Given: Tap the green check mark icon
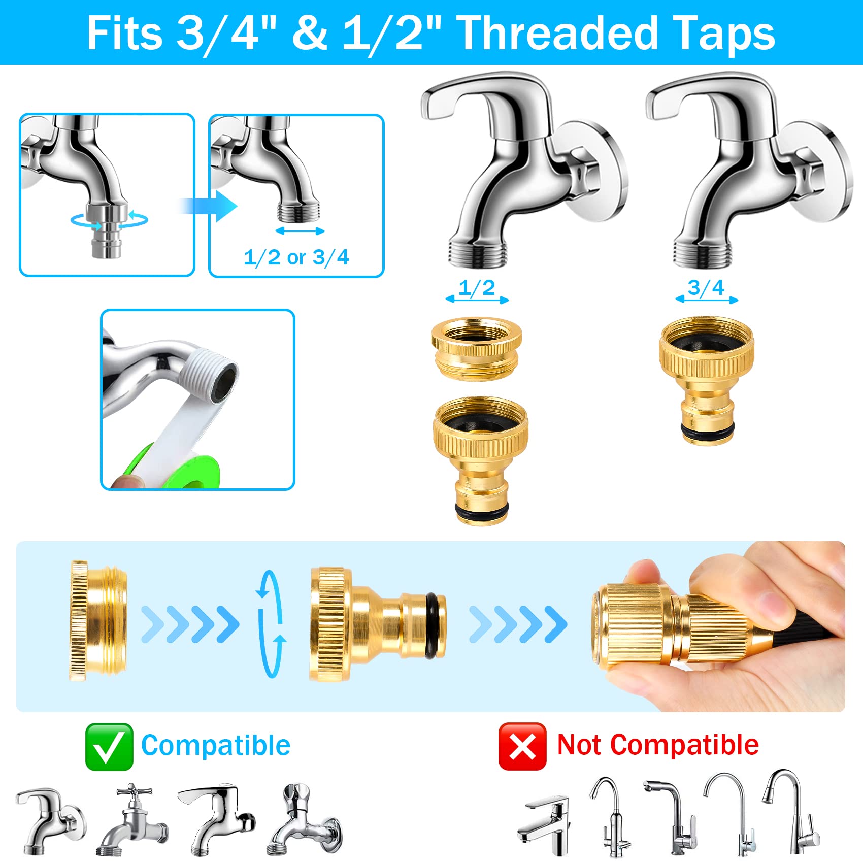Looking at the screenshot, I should pos(109,747).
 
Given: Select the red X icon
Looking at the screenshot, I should pos(522,746).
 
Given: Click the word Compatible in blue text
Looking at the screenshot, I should pos(216,746).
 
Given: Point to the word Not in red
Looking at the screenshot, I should pos(579,745).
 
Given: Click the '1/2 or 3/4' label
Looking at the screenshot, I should pos(296,257).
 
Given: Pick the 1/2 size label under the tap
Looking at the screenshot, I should pos(477,288).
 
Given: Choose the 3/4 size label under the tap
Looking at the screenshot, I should pos(706,288).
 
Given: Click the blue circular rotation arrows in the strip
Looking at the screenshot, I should pos(270,624).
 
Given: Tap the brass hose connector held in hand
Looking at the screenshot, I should pos(660,624).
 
